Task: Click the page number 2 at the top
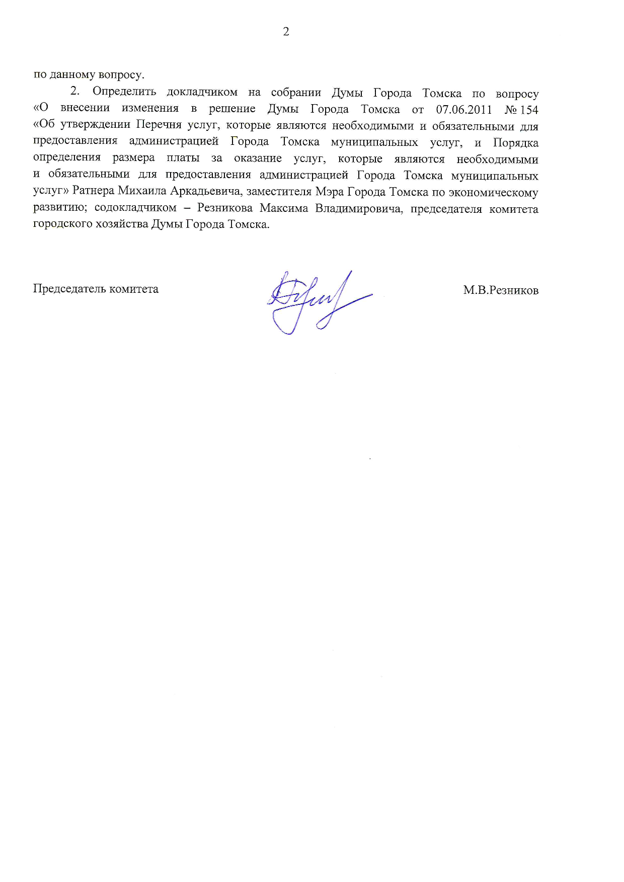click(x=286, y=32)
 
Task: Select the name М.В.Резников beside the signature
click(x=501, y=290)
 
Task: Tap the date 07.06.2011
click(x=463, y=110)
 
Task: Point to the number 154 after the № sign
click(x=529, y=110)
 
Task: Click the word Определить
click(x=124, y=92)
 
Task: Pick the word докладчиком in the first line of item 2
click(x=202, y=92)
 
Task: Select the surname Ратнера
click(x=93, y=191)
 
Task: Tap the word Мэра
click(x=330, y=192)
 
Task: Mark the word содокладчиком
click(x=135, y=208)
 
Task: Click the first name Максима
click(x=284, y=208)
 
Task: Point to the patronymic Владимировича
click(x=359, y=208)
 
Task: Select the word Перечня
click(x=159, y=125)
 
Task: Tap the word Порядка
click(x=515, y=143)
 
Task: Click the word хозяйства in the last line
click(x=126, y=224)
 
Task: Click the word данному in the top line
click(x=72, y=75)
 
